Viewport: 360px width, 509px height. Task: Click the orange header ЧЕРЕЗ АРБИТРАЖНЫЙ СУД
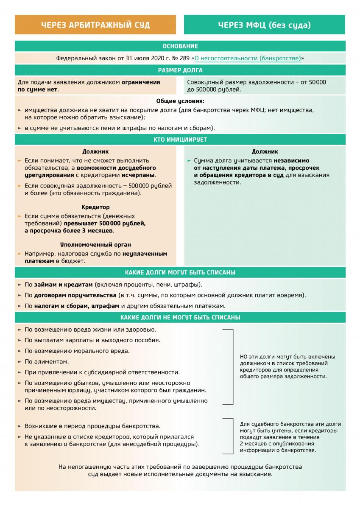95,25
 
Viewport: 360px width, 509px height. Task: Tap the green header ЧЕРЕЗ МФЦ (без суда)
264,25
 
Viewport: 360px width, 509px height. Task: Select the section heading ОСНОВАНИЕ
180,46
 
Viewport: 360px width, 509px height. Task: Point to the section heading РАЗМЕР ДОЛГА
180,70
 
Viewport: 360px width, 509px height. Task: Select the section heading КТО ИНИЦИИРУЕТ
180,140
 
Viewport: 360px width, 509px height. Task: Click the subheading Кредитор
95,207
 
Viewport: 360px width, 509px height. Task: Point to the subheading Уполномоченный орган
95,245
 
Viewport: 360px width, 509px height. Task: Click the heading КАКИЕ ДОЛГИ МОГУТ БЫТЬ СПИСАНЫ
180,272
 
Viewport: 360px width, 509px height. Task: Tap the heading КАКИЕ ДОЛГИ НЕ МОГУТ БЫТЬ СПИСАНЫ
180,317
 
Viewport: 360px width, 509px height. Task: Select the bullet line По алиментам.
47,362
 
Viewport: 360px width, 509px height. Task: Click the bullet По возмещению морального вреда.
77,351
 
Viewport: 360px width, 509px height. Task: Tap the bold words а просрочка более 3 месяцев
69,231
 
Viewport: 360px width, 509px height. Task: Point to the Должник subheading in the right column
265,151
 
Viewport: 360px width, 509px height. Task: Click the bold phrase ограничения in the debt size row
141,82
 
